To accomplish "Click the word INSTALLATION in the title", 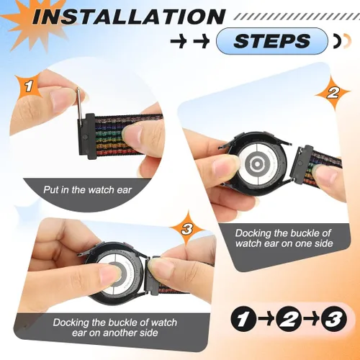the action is pos(128,17).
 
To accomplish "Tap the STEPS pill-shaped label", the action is pos(272,40).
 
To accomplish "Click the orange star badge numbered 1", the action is pos(30,86).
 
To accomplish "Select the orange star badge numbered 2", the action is pos(333,92).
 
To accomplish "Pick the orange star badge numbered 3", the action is pos(187,229).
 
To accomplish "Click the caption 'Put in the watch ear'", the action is pos(88,190).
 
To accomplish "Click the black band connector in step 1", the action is pos(86,137).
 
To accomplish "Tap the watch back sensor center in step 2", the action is pos(257,164).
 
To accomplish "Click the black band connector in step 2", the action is pos(304,164).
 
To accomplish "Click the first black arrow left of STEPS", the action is pos(179,41).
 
